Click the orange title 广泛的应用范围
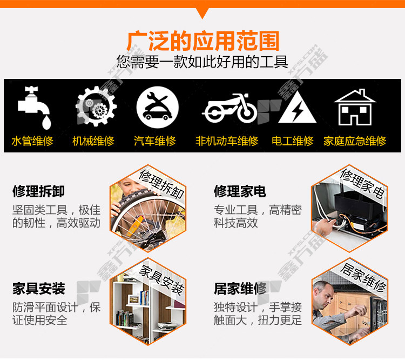(x=203, y=41)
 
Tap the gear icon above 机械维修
(x=96, y=106)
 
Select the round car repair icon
(x=158, y=107)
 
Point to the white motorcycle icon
(x=230, y=108)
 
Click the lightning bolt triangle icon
(x=298, y=107)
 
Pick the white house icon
(x=355, y=107)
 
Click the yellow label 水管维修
(x=32, y=141)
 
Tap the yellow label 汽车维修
(x=155, y=141)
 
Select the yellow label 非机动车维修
(x=227, y=141)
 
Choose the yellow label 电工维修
(x=292, y=141)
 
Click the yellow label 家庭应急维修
(x=355, y=141)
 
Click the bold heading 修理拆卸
(x=38, y=191)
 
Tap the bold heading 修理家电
(x=240, y=191)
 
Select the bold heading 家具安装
(x=38, y=288)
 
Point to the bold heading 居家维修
(x=240, y=288)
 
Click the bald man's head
(x=322, y=294)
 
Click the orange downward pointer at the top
(x=202, y=13)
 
